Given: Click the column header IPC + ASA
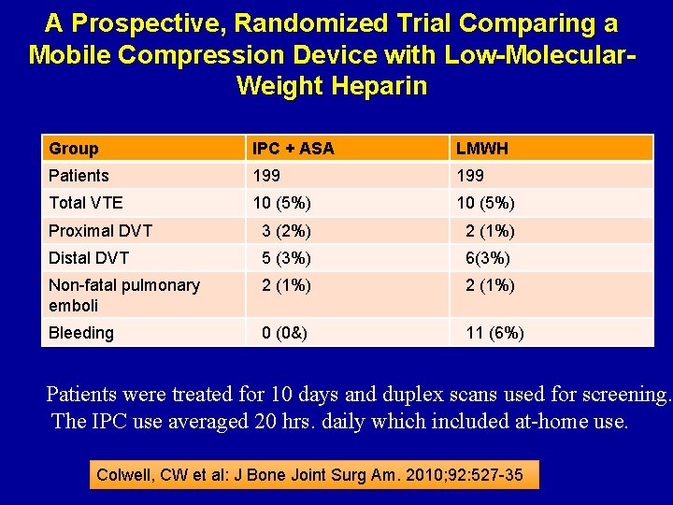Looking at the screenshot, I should (x=293, y=149).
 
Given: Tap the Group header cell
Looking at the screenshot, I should (x=74, y=149).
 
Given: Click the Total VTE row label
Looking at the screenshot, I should (x=86, y=203).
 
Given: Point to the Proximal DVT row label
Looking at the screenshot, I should (x=100, y=231).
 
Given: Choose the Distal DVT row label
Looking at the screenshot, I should (x=89, y=258).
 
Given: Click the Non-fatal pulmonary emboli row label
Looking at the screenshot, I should (x=123, y=296).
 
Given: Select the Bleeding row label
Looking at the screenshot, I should (x=81, y=333).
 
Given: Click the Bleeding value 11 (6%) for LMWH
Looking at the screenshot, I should (x=494, y=333).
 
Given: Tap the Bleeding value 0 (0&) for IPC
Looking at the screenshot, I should (x=285, y=333).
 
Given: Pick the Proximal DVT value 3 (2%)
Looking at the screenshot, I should (x=286, y=231).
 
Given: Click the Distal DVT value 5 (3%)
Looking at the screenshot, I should (x=286, y=258).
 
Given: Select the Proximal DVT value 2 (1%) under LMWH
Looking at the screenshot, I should (x=490, y=231).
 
